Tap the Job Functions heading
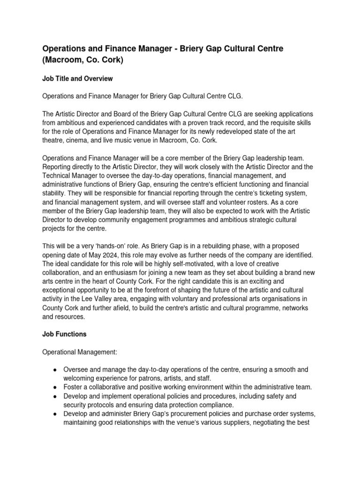(64, 335)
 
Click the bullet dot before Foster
(55, 388)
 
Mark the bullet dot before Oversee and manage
(55, 370)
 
